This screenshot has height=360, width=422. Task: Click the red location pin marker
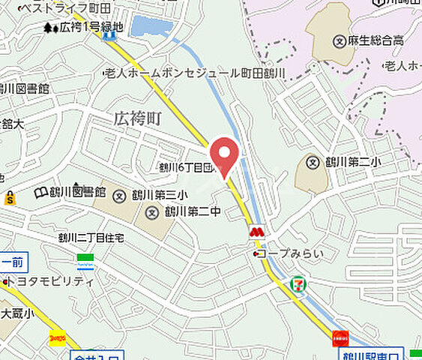point(223,156)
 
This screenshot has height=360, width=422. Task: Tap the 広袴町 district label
point(139,118)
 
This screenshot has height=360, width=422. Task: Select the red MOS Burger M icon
point(256,233)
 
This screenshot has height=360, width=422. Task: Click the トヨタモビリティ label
point(52,282)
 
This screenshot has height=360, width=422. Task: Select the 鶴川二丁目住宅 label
point(91,238)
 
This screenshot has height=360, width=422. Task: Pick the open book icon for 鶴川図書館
point(41,193)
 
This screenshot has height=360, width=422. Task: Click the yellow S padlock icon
point(9,199)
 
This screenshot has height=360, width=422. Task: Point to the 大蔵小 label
point(14,313)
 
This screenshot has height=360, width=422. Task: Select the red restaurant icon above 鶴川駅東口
point(340,338)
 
